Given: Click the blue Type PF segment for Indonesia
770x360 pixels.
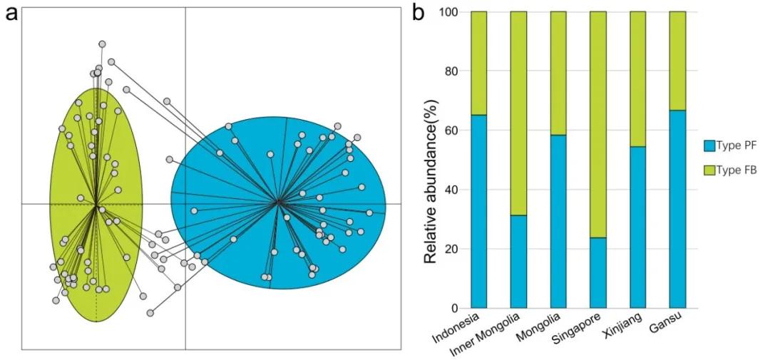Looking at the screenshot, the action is (479, 212).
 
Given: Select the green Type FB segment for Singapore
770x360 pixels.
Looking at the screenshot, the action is (598, 125).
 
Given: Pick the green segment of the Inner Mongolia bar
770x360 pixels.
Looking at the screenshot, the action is (518, 113).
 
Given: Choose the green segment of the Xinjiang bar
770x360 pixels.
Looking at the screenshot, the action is (638, 79).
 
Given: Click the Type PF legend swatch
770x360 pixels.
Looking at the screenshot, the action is (710, 145).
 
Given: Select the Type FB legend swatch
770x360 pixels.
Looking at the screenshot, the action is (710, 170).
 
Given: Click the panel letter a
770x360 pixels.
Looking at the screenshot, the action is (11, 14).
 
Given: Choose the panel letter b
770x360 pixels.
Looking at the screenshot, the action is (419, 13).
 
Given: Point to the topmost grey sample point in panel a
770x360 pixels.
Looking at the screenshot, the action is (102, 44).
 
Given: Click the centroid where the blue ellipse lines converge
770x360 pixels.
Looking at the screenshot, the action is (279, 201).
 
